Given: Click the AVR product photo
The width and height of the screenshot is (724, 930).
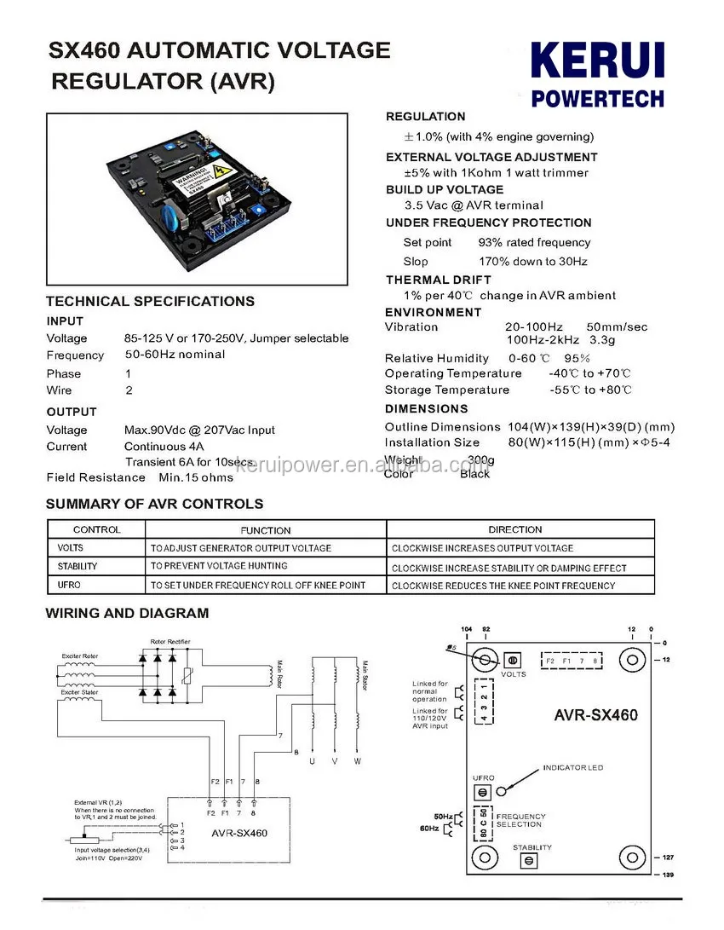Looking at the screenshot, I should (197, 199).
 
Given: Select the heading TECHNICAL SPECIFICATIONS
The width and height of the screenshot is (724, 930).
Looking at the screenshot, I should (150, 301).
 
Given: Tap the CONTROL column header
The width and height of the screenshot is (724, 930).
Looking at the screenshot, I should (96, 529).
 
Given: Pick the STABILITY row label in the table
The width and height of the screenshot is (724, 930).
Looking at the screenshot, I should (78, 566).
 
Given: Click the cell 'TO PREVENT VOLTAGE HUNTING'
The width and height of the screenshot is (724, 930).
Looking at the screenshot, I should (219, 566).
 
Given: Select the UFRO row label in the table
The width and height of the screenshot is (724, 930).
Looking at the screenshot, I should (69, 585).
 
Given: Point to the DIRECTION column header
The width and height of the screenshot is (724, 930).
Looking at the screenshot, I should (515, 529).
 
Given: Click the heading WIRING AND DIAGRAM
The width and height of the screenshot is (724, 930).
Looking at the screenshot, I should (127, 613).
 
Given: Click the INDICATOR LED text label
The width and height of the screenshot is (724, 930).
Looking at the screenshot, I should (572, 768).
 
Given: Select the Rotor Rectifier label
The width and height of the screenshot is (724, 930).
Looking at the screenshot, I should (170, 641).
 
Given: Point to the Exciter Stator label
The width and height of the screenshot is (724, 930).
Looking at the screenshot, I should (79, 692).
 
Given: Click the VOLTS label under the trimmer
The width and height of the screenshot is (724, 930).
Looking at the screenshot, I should (514, 674).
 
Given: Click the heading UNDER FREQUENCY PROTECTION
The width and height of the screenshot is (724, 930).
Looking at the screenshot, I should (488, 222).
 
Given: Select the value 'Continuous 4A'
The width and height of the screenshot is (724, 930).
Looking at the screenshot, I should (165, 446).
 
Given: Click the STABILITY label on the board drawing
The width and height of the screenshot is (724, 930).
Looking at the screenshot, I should (532, 847).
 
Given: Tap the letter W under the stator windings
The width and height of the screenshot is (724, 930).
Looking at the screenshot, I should (358, 760).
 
